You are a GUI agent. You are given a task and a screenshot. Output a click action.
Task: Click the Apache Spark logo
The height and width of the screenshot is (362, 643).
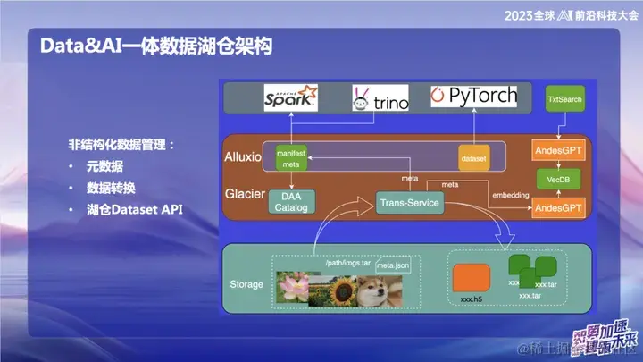[x=291, y=97]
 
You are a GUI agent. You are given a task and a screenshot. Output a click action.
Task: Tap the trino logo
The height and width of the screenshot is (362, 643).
[x=380, y=98]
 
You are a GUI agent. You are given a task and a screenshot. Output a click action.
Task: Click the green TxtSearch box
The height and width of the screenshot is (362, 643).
[x=564, y=99]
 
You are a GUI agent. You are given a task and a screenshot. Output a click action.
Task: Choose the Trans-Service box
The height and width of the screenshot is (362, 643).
[x=410, y=203]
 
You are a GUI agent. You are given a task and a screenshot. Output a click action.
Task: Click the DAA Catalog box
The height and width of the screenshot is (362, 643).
[x=294, y=202]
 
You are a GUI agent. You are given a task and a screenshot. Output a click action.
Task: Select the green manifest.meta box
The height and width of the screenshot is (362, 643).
[x=291, y=158]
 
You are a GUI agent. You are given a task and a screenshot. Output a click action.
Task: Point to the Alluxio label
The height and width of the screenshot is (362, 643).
[x=242, y=157]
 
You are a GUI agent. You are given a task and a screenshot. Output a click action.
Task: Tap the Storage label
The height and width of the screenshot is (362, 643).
[x=246, y=284]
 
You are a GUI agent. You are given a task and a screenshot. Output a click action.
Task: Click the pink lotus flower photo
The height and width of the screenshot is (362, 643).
[x=294, y=286]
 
